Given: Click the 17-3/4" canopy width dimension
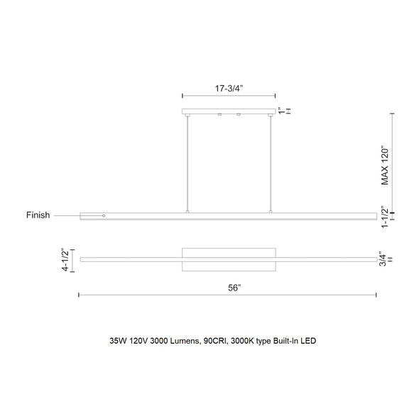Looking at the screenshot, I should (229, 89).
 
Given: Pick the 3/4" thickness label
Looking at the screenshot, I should (381, 259).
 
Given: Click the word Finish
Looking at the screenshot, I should (38, 215).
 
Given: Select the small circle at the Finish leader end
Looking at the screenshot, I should (104, 215).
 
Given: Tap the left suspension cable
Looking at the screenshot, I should (187, 163).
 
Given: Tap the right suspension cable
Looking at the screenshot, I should (271, 163).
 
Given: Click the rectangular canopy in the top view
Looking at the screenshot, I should (229, 259).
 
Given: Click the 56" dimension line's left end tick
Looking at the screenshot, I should (79, 295).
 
